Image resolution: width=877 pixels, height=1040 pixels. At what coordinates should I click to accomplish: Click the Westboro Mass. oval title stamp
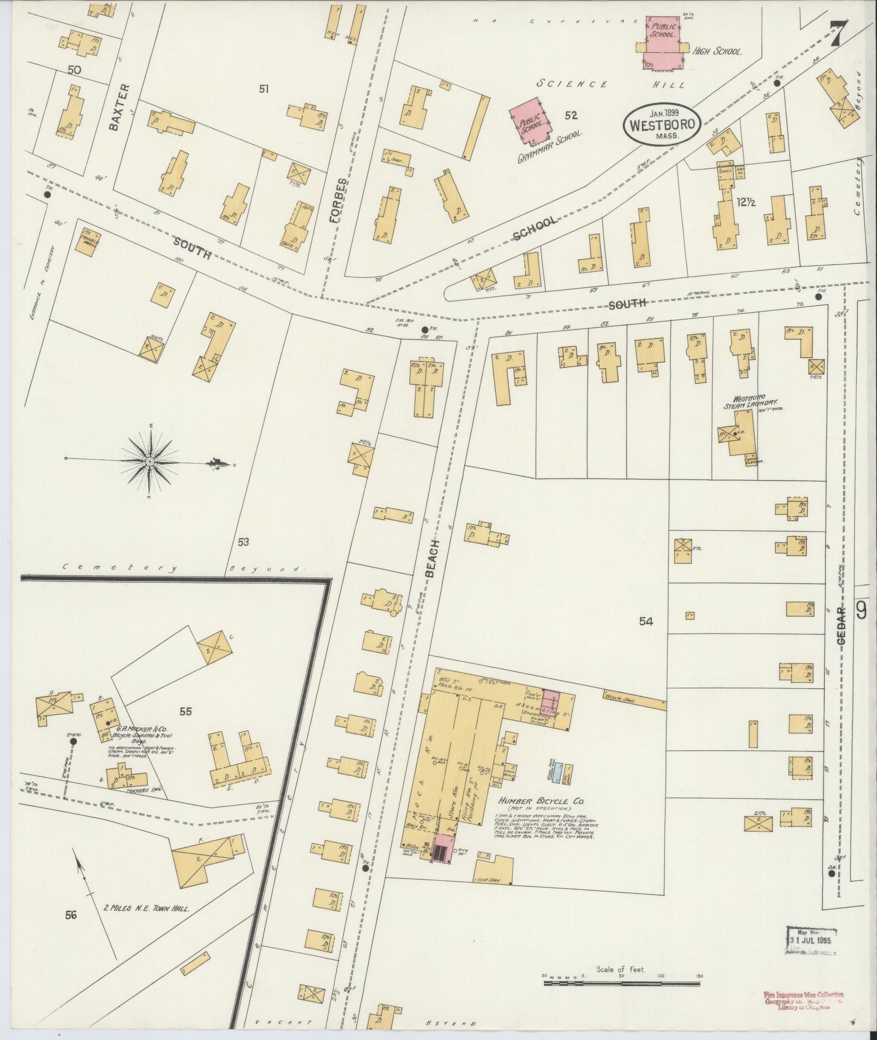tap(662, 124)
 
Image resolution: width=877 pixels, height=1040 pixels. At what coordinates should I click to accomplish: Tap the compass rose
tap(149, 462)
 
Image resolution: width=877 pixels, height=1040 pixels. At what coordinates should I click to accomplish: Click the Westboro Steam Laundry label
tap(744, 402)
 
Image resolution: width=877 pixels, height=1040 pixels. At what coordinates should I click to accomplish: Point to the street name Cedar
tap(842, 626)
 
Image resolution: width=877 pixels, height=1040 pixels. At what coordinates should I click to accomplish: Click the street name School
tap(535, 228)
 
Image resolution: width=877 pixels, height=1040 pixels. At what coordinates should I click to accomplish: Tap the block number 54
tap(645, 621)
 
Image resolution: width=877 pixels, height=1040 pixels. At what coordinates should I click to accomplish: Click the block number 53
tap(243, 542)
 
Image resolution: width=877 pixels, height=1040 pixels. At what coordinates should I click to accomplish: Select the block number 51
tap(264, 89)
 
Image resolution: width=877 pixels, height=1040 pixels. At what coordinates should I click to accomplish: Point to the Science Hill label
tap(609, 84)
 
